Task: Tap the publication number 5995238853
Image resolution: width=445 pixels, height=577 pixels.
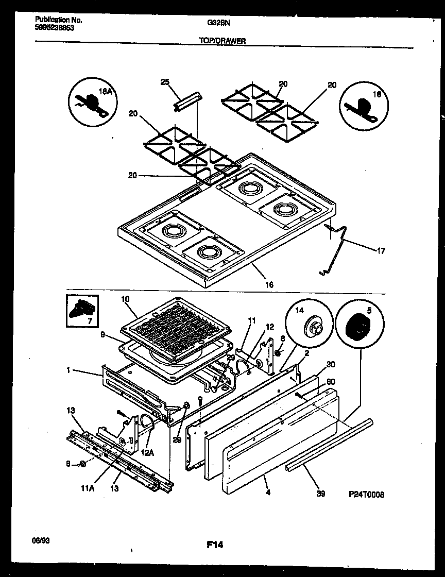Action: pos(55,28)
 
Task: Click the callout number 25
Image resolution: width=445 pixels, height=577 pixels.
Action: pos(165,82)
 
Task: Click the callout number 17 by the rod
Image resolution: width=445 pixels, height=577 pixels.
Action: pos(381,251)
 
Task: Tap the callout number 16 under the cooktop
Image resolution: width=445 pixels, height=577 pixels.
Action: pos(269,284)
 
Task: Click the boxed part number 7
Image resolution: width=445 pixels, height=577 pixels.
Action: pos(82,311)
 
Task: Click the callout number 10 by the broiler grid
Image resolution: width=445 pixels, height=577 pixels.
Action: pos(126,299)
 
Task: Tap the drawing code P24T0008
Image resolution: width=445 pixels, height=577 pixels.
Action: pos(366,494)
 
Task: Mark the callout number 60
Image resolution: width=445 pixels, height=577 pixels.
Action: pos(331,382)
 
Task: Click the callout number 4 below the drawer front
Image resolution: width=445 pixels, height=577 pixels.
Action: pos(268,493)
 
